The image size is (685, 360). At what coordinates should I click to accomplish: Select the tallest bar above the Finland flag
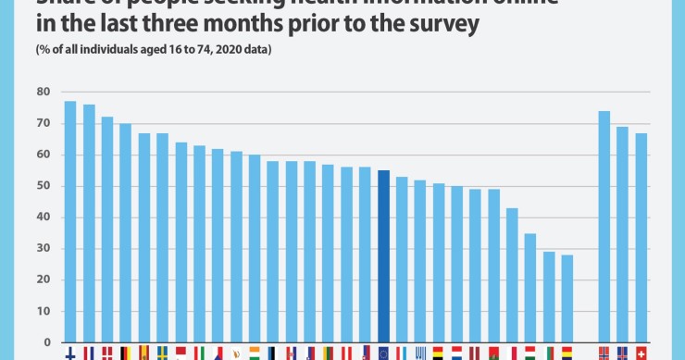click(70, 222)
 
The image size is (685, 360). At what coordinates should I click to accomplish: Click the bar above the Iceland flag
click(622, 235)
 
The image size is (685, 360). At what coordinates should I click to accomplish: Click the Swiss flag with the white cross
click(641, 354)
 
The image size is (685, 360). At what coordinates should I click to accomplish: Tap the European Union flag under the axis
click(383, 354)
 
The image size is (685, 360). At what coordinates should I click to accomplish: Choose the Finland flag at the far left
click(70, 354)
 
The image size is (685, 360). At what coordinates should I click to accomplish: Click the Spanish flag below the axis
click(143, 354)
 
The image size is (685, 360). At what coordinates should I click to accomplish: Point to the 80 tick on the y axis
click(43, 92)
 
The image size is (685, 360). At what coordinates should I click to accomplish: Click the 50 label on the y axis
click(43, 186)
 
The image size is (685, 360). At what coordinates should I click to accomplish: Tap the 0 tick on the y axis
click(45, 343)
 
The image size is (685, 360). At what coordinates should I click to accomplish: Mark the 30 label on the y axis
click(43, 249)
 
